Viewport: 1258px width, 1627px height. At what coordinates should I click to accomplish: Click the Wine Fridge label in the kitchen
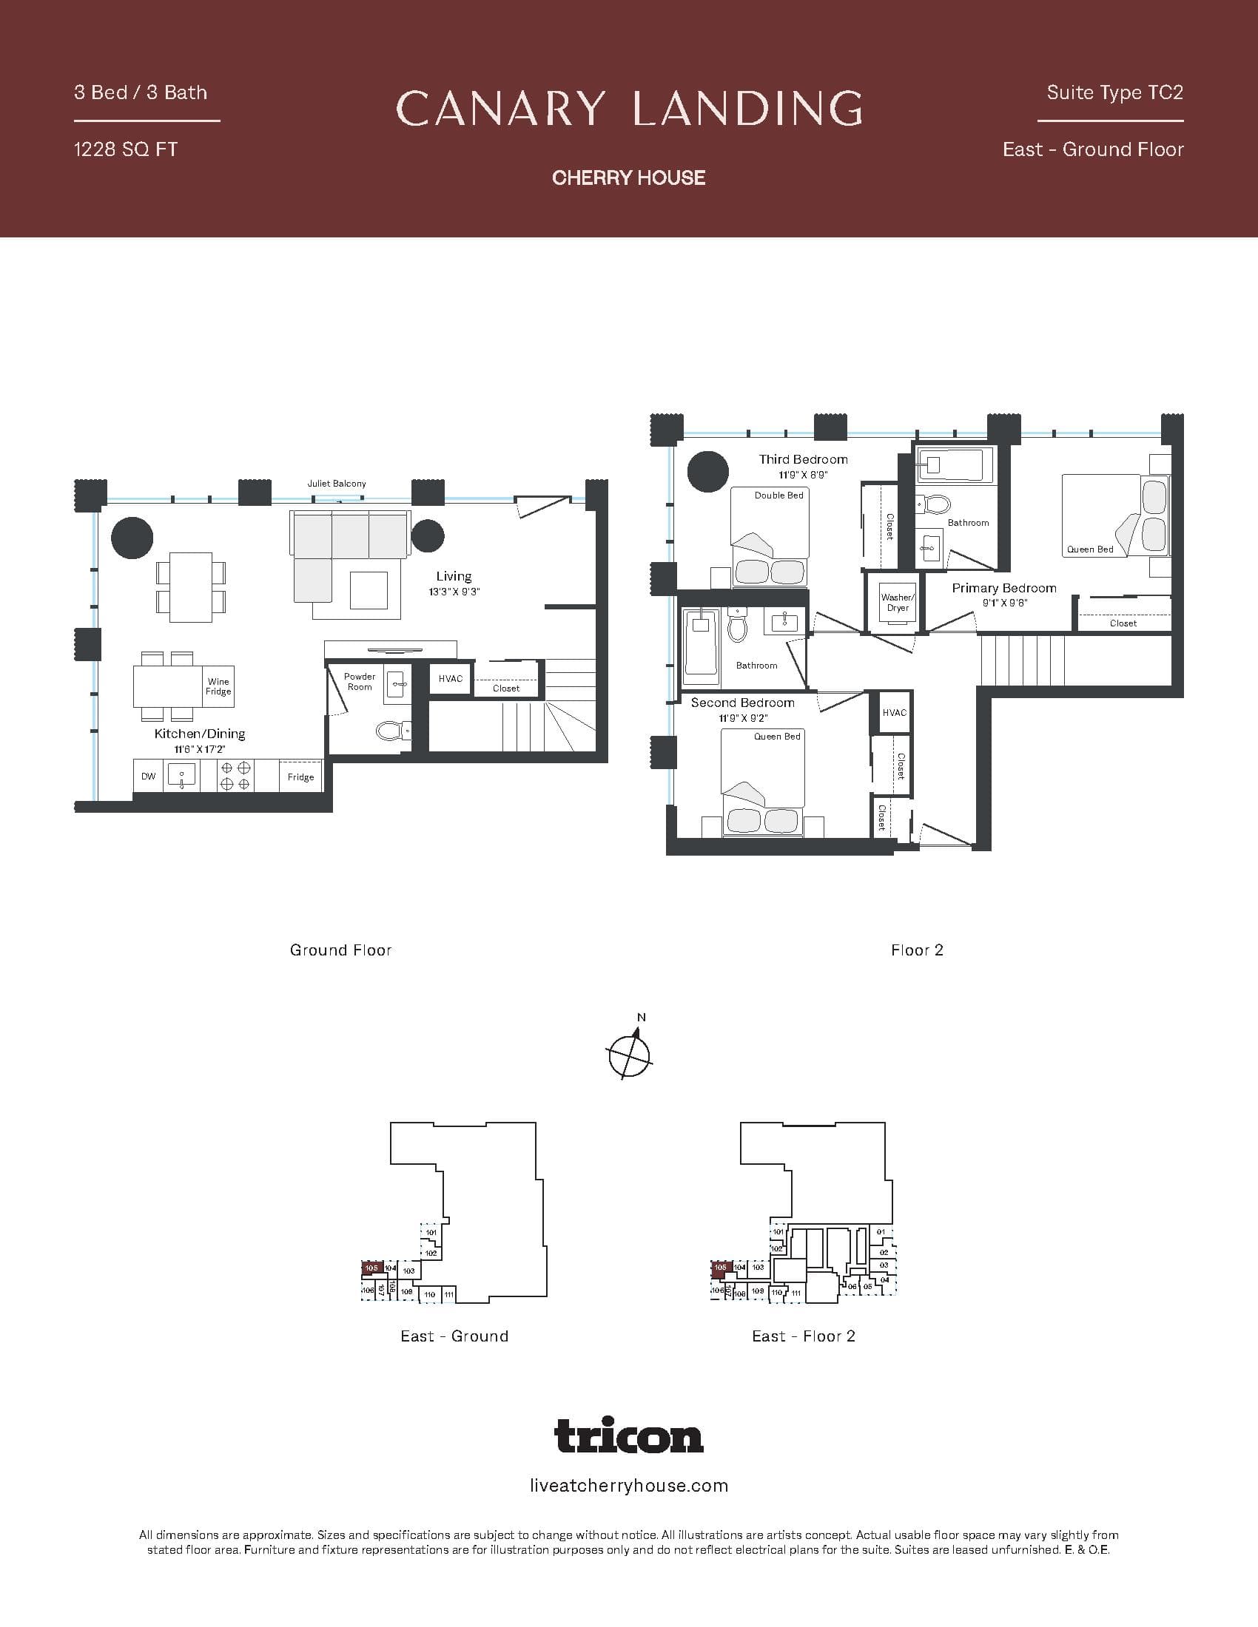[218, 686]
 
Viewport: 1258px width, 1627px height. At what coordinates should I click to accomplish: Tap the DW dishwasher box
[148, 777]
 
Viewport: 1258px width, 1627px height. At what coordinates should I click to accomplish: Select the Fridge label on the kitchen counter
[300, 777]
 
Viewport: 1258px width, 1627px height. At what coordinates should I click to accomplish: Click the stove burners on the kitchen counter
[235, 776]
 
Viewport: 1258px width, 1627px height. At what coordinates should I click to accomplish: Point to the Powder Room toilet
[390, 730]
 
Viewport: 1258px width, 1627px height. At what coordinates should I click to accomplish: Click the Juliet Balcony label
[337, 484]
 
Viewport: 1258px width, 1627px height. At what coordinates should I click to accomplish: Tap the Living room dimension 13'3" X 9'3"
[454, 592]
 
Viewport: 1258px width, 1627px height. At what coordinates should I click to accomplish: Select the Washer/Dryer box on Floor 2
[897, 602]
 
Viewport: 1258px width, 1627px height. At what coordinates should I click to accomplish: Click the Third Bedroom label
[804, 459]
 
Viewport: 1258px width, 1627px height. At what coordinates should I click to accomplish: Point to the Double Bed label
[778, 495]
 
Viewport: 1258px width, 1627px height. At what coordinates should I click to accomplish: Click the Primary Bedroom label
[1004, 588]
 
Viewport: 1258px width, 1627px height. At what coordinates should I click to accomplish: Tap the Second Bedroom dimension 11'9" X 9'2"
[743, 718]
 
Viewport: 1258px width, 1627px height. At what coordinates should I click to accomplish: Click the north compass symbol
[630, 1052]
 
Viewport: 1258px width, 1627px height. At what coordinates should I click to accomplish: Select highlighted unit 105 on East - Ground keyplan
[371, 1266]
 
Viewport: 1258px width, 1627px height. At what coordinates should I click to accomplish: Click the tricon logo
[629, 1435]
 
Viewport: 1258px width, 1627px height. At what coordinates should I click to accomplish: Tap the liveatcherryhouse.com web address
[629, 1486]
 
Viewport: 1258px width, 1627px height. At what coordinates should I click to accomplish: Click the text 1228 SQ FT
[125, 149]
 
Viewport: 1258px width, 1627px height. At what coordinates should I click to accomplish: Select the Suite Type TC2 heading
[1114, 92]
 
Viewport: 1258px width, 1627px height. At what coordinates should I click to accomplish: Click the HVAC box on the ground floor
[450, 679]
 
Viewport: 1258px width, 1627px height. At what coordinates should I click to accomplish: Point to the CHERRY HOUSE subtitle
[629, 177]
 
